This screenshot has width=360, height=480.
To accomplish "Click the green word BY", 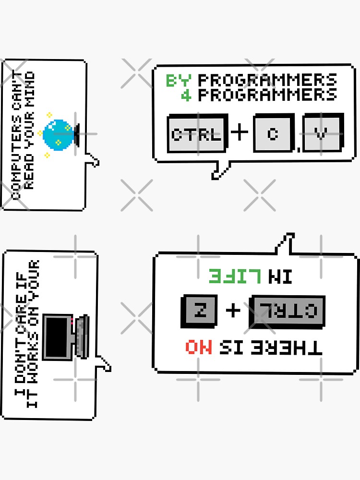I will pyautogui.click(x=179, y=80).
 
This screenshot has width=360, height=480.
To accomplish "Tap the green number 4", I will pyautogui.click(x=186, y=95).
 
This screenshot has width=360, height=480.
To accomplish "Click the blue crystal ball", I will pyautogui.click(x=58, y=133).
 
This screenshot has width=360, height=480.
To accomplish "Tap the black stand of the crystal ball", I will pyautogui.click(x=76, y=134).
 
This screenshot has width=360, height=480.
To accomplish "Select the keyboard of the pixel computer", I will pyautogui.click(x=82, y=336).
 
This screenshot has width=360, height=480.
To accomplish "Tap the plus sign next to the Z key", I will pyautogui.click(x=233, y=311).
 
